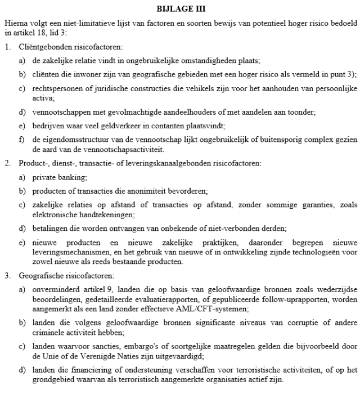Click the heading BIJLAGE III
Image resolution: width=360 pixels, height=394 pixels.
180,9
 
